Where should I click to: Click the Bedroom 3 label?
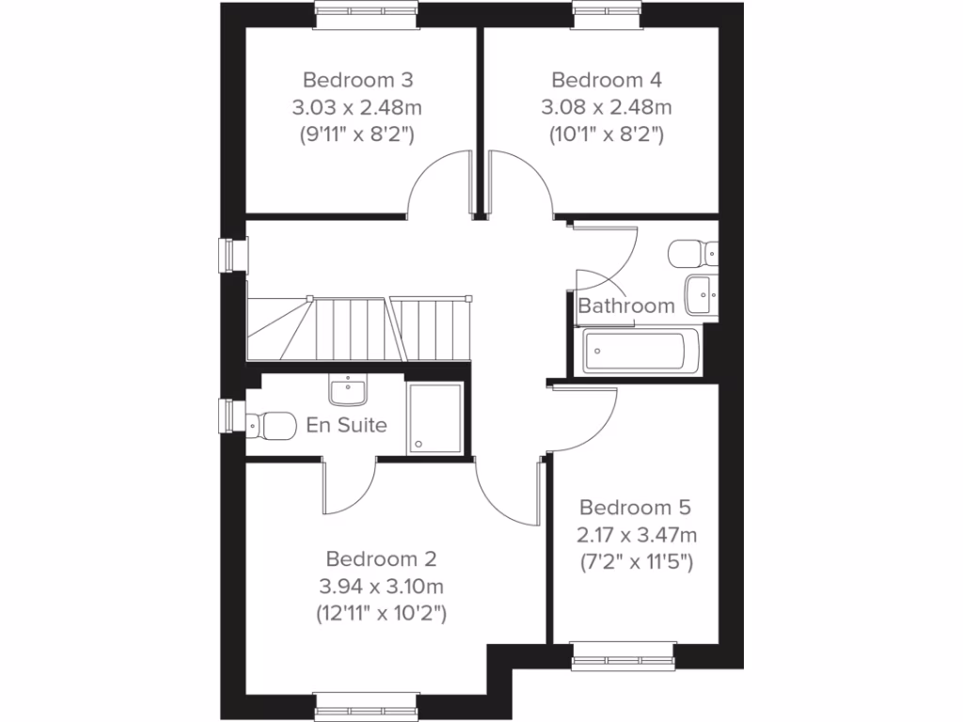coord(358,79)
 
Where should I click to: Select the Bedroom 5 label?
coord(636,508)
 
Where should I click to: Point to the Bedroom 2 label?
coord(381,560)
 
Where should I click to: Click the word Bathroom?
coord(626,306)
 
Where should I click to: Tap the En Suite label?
coord(347,425)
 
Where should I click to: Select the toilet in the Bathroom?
coord(691,253)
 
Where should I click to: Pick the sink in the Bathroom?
coord(701,295)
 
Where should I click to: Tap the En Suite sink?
coord(347,389)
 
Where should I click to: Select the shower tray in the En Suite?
coord(434,418)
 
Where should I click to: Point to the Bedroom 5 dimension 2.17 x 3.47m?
coord(636,536)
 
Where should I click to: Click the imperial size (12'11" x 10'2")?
coord(381,615)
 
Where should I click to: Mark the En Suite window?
coord(229,415)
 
